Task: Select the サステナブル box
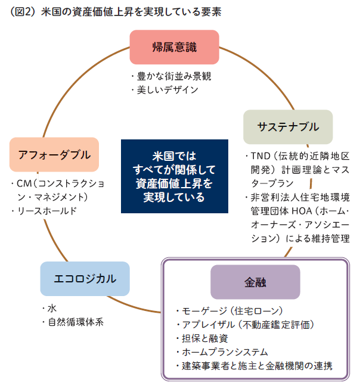point(288,126)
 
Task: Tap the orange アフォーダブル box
point(54,155)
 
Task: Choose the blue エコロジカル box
point(85,278)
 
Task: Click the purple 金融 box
point(255,282)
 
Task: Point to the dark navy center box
point(175,176)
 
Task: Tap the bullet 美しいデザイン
point(167,89)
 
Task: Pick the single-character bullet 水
point(52,309)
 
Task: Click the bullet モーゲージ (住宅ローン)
point(232,311)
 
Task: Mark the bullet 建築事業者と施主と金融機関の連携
point(257,365)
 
